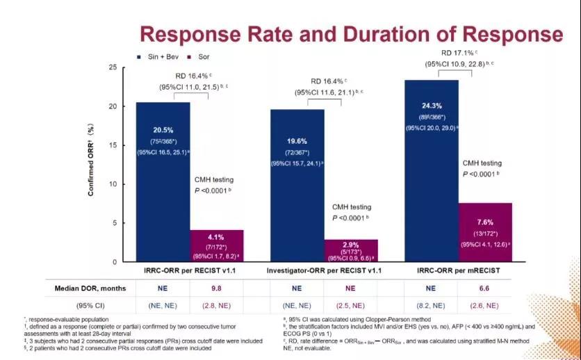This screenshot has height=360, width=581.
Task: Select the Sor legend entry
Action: pyautogui.click(x=202, y=56)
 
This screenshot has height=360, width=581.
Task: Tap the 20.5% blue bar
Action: pyautogui.click(x=163, y=181)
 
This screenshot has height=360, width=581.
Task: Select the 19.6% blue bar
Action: pyautogui.click(x=297, y=185)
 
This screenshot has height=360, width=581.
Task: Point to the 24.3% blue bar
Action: pyautogui.click(x=432, y=170)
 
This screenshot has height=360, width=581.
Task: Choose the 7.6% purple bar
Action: pyautogui.click(x=485, y=232)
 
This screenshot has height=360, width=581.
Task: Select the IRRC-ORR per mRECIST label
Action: pyautogui.click(x=459, y=268)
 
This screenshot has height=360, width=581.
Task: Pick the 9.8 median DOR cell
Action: pyautogui.click(x=217, y=287)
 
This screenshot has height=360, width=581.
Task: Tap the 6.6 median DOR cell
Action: pyautogui.click(x=485, y=287)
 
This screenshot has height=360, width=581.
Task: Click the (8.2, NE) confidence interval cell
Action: pyautogui.click(x=432, y=305)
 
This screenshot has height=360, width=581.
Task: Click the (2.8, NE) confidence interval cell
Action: pyautogui.click(x=217, y=305)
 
